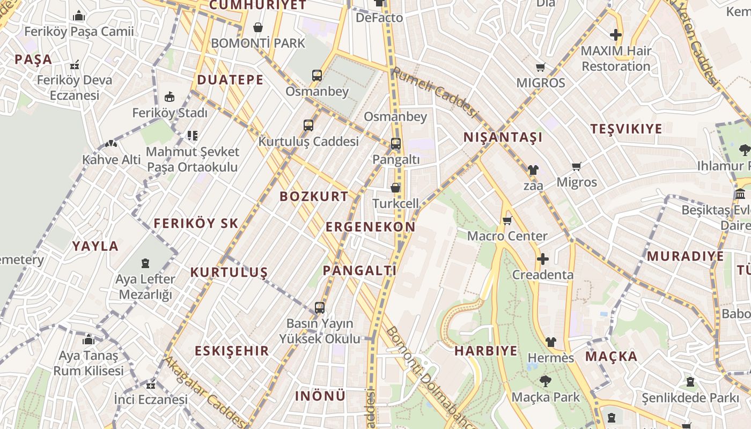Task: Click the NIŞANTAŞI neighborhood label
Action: (x=503, y=137)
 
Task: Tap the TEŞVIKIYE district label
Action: (x=626, y=129)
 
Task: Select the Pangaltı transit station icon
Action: (x=396, y=144)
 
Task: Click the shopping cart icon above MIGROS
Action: (x=541, y=68)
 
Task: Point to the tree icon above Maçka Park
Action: (x=546, y=381)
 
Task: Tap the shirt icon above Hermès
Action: (x=551, y=342)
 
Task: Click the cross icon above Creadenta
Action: (x=543, y=259)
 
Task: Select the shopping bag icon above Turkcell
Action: (x=395, y=188)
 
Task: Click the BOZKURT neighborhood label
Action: (x=314, y=196)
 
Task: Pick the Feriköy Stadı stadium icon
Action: (x=170, y=97)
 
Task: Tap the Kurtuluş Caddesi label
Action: (x=308, y=141)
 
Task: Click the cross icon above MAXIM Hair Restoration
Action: (x=616, y=35)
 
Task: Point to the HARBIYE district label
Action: (x=486, y=351)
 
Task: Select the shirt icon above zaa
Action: (x=533, y=170)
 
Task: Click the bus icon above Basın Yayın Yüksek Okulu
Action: (x=320, y=308)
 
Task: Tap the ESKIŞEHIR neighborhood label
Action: (x=232, y=351)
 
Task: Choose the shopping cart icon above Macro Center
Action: (x=507, y=220)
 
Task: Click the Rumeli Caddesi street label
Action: (x=434, y=91)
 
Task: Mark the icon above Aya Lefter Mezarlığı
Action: (x=145, y=263)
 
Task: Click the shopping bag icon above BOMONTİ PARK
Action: (x=258, y=27)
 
